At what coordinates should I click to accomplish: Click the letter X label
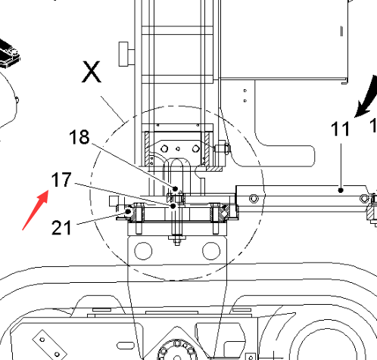92,72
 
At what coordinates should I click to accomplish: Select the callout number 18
79,137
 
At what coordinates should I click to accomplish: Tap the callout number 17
61,180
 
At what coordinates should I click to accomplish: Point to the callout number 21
61,228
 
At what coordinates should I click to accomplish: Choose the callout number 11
341,129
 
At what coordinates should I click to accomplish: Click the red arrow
36,210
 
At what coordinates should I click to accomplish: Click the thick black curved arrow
367,97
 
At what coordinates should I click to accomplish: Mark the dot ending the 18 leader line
175,188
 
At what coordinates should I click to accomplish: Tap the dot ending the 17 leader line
173,206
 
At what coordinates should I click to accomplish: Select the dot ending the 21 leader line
129,211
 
